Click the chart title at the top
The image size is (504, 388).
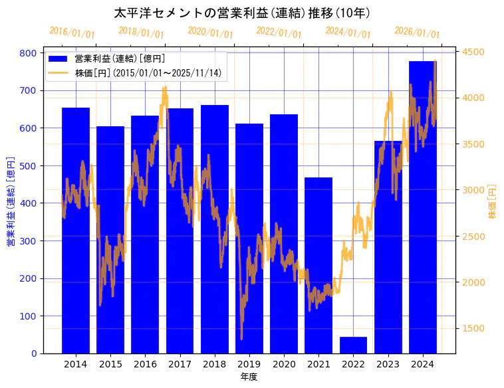pos(242,13)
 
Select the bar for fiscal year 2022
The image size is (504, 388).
pos(353,345)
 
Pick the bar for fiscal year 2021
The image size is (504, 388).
pos(318,265)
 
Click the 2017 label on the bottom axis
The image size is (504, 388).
pos(180,364)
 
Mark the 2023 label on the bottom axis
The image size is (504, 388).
pos(388,364)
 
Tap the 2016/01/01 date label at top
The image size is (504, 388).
pos(72,32)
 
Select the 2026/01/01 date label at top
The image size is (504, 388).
pos(417,32)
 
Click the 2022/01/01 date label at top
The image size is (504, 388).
pos(279,32)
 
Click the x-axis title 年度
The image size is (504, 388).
pos(249,377)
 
